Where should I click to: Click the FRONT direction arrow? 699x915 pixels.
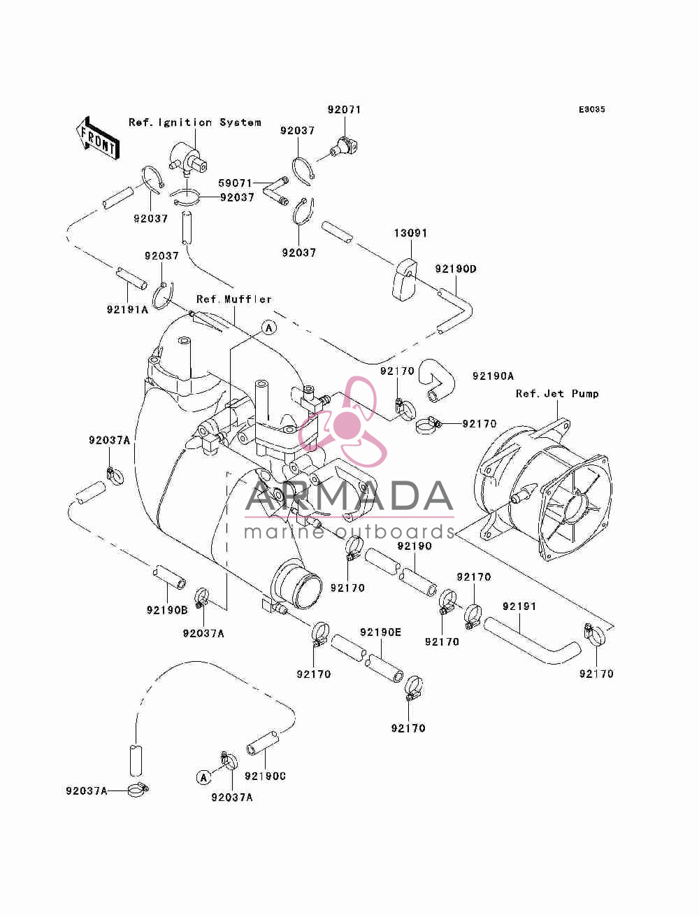coord(97,139)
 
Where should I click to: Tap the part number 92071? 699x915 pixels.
coord(344,110)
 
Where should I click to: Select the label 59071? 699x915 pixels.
coord(236,183)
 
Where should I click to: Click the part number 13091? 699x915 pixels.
coord(411,233)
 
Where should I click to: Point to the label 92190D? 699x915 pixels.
coord(456,269)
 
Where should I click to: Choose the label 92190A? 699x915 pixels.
coord(493,376)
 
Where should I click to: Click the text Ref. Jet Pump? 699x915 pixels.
coord(557,394)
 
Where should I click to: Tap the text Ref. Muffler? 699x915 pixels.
coord(234,299)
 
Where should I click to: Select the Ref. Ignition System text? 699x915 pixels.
coord(195,122)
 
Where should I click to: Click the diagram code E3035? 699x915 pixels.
coord(591,109)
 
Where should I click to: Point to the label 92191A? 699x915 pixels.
coord(127,310)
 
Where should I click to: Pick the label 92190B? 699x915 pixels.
coord(167,610)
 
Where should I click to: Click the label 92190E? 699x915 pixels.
coord(380,632)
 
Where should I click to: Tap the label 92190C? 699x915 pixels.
coord(265,776)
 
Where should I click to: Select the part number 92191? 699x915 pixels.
coord(519,606)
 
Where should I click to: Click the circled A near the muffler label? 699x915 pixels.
coord(269,328)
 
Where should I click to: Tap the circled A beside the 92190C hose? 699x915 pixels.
coord(203,777)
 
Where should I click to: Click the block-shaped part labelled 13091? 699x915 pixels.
coord(403,279)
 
